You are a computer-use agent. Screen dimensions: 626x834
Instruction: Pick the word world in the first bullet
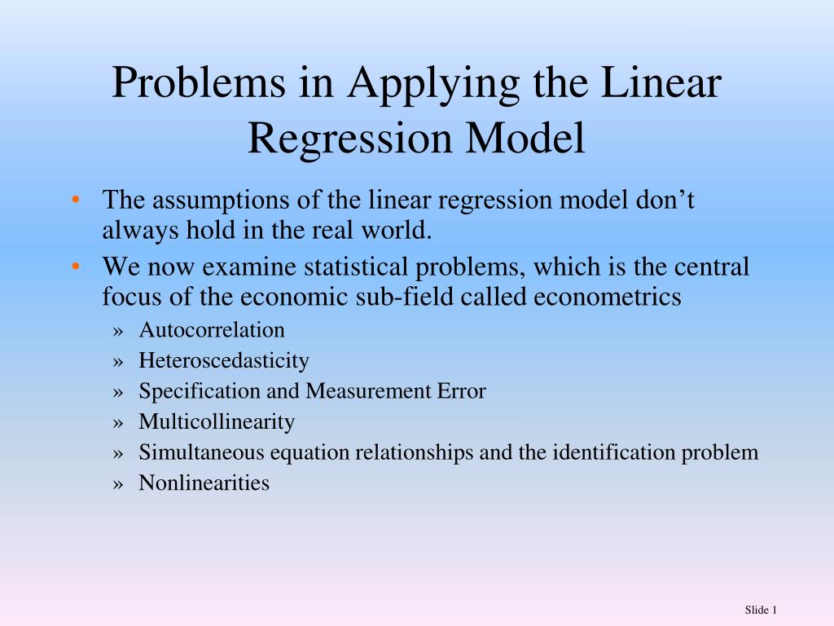coord(398,231)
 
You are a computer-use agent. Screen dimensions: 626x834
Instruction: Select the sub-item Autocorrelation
coord(212,330)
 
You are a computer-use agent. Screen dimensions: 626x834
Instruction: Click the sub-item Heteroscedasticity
coord(224,360)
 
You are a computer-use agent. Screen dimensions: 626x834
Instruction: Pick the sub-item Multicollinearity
coord(217,422)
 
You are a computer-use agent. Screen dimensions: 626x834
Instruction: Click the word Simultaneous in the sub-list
coord(203,452)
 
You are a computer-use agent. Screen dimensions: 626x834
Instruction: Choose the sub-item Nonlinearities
coord(204,483)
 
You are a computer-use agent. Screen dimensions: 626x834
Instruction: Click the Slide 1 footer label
coord(762,611)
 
